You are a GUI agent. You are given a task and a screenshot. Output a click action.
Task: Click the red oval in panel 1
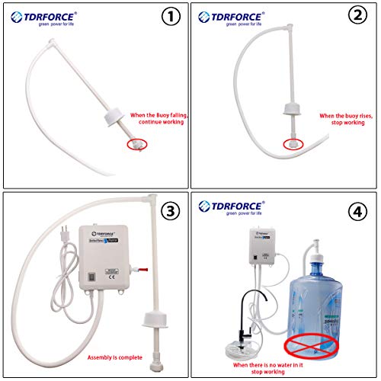(x=137, y=142)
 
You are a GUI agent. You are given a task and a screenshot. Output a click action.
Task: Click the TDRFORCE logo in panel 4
(x=229, y=207)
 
